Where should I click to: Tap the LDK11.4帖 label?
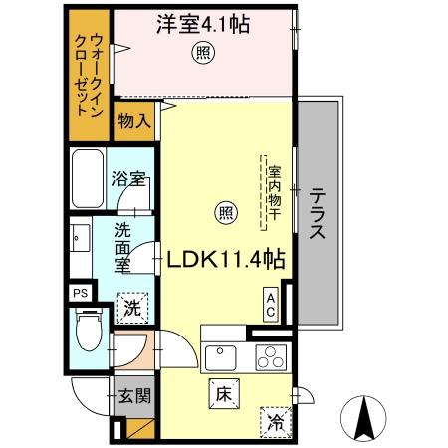227,260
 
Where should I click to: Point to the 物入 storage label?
134,122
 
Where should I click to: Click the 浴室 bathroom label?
130,180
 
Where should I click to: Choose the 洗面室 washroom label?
122,248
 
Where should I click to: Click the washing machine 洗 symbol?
131,308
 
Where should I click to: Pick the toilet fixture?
87,334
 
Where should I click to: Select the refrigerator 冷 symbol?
275,422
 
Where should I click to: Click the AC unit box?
270,302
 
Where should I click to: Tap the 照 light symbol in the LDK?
227,211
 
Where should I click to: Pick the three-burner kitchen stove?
269,357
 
